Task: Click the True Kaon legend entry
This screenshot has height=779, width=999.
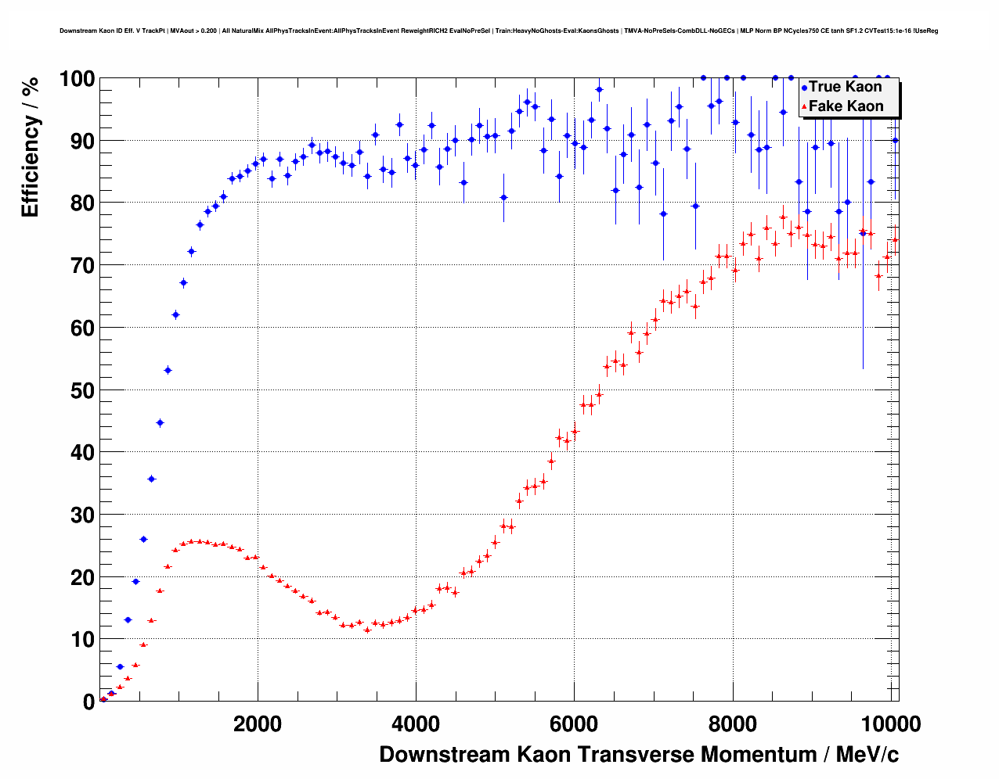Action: (845, 87)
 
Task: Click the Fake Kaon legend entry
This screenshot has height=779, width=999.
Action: (846, 106)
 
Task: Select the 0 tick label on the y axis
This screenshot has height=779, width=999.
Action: (88, 702)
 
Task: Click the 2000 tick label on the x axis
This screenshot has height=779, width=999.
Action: (258, 724)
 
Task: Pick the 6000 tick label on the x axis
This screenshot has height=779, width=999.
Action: (574, 724)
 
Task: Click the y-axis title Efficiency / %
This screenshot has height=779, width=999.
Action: (31, 148)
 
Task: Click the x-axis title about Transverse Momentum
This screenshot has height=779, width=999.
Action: (639, 755)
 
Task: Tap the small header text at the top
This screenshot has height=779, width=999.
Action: (499, 31)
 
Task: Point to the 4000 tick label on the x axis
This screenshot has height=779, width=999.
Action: (416, 724)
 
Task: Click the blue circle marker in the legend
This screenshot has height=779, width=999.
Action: (804, 88)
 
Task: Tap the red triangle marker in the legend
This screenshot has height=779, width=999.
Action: (804, 107)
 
